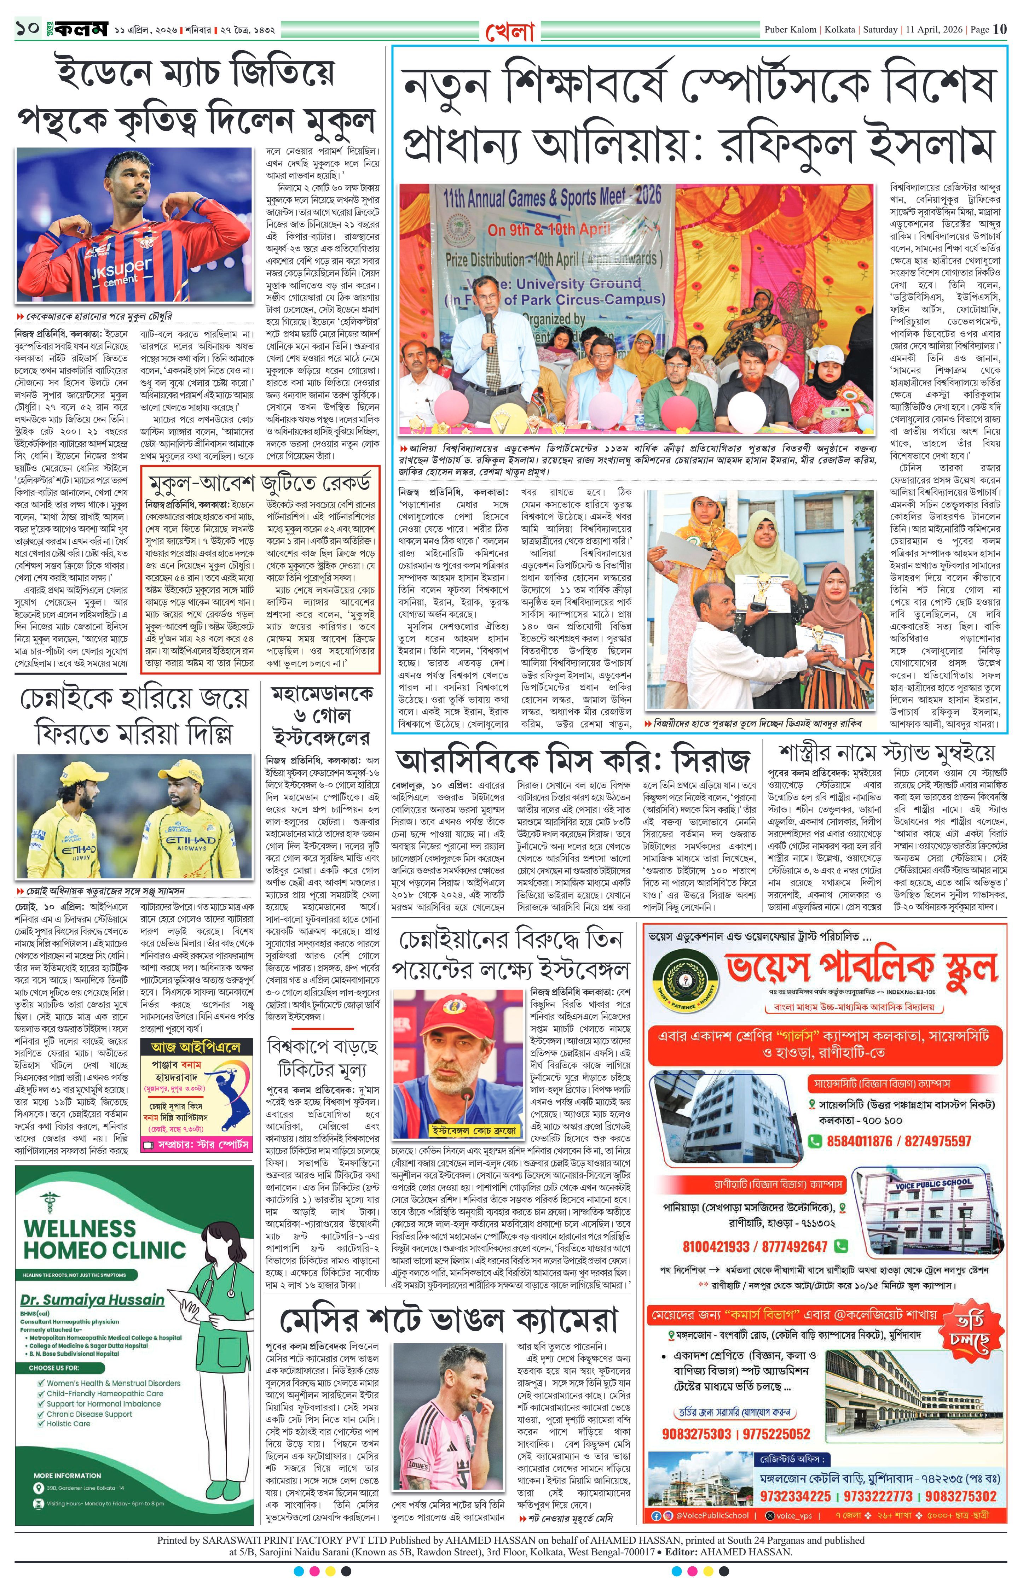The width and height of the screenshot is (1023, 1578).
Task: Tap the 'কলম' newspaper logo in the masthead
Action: click(81, 30)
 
